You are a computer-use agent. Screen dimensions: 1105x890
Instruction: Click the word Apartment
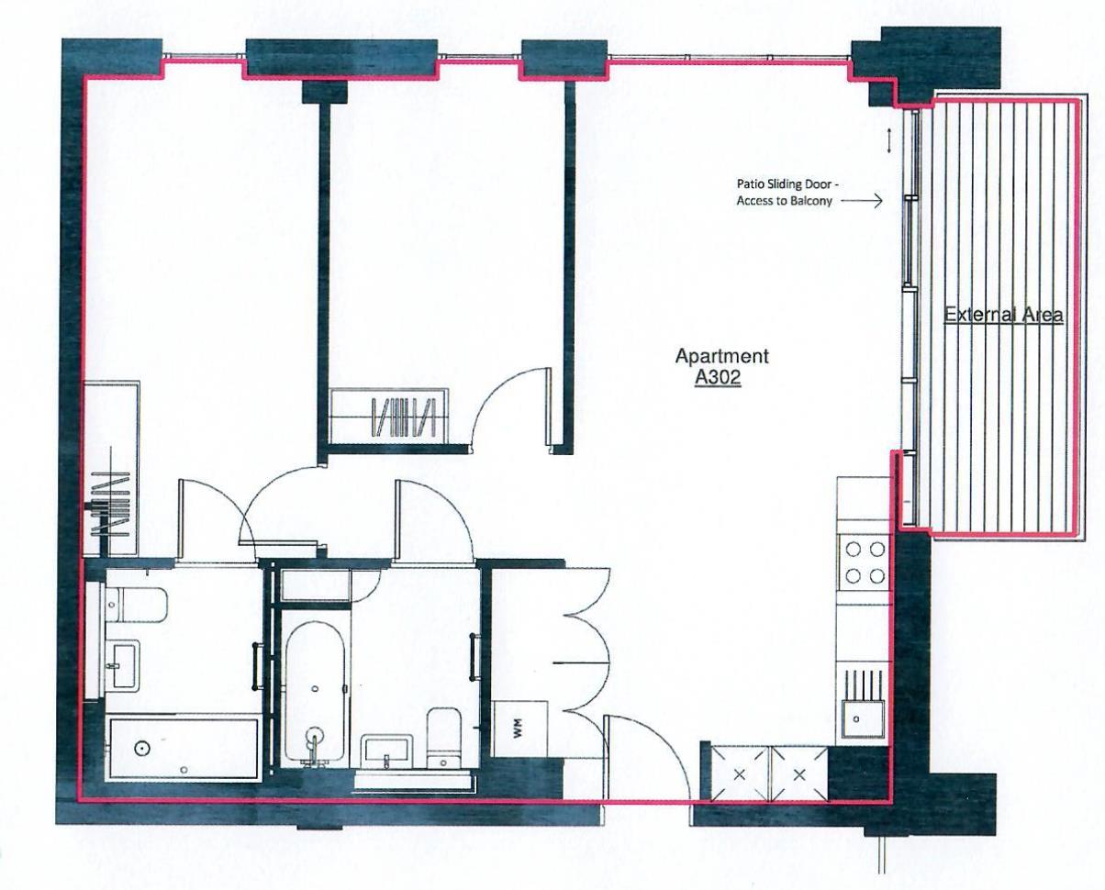pyautogui.click(x=721, y=356)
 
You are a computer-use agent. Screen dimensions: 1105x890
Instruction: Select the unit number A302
pyautogui.click(x=718, y=378)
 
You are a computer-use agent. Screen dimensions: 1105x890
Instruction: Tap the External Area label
pyautogui.click(x=1003, y=315)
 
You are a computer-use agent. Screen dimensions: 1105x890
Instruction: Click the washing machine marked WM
pyautogui.click(x=519, y=729)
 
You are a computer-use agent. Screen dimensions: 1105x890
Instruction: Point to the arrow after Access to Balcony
pyautogui.click(x=862, y=201)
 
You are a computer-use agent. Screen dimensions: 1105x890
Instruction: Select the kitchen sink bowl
pyautogui.click(x=863, y=719)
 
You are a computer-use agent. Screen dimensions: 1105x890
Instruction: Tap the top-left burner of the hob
pyautogui.click(x=853, y=550)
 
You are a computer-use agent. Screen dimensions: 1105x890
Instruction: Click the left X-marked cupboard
pyautogui.click(x=740, y=774)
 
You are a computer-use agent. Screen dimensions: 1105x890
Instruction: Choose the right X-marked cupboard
pyautogui.click(x=799, y=774)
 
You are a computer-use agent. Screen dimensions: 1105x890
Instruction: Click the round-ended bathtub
pyautogui.click(x=315, y=694)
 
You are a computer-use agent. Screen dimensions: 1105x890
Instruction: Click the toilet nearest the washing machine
pyautogui.click(x=443, y=738)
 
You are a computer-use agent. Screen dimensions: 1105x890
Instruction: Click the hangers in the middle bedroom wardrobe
pyautogui.click(x=404, y=417)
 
